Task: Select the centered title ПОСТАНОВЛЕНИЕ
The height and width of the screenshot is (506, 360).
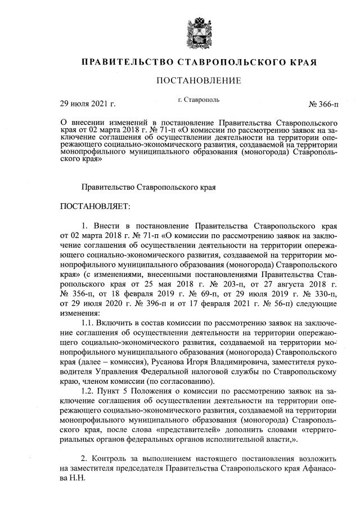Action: (x=199, y=81)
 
